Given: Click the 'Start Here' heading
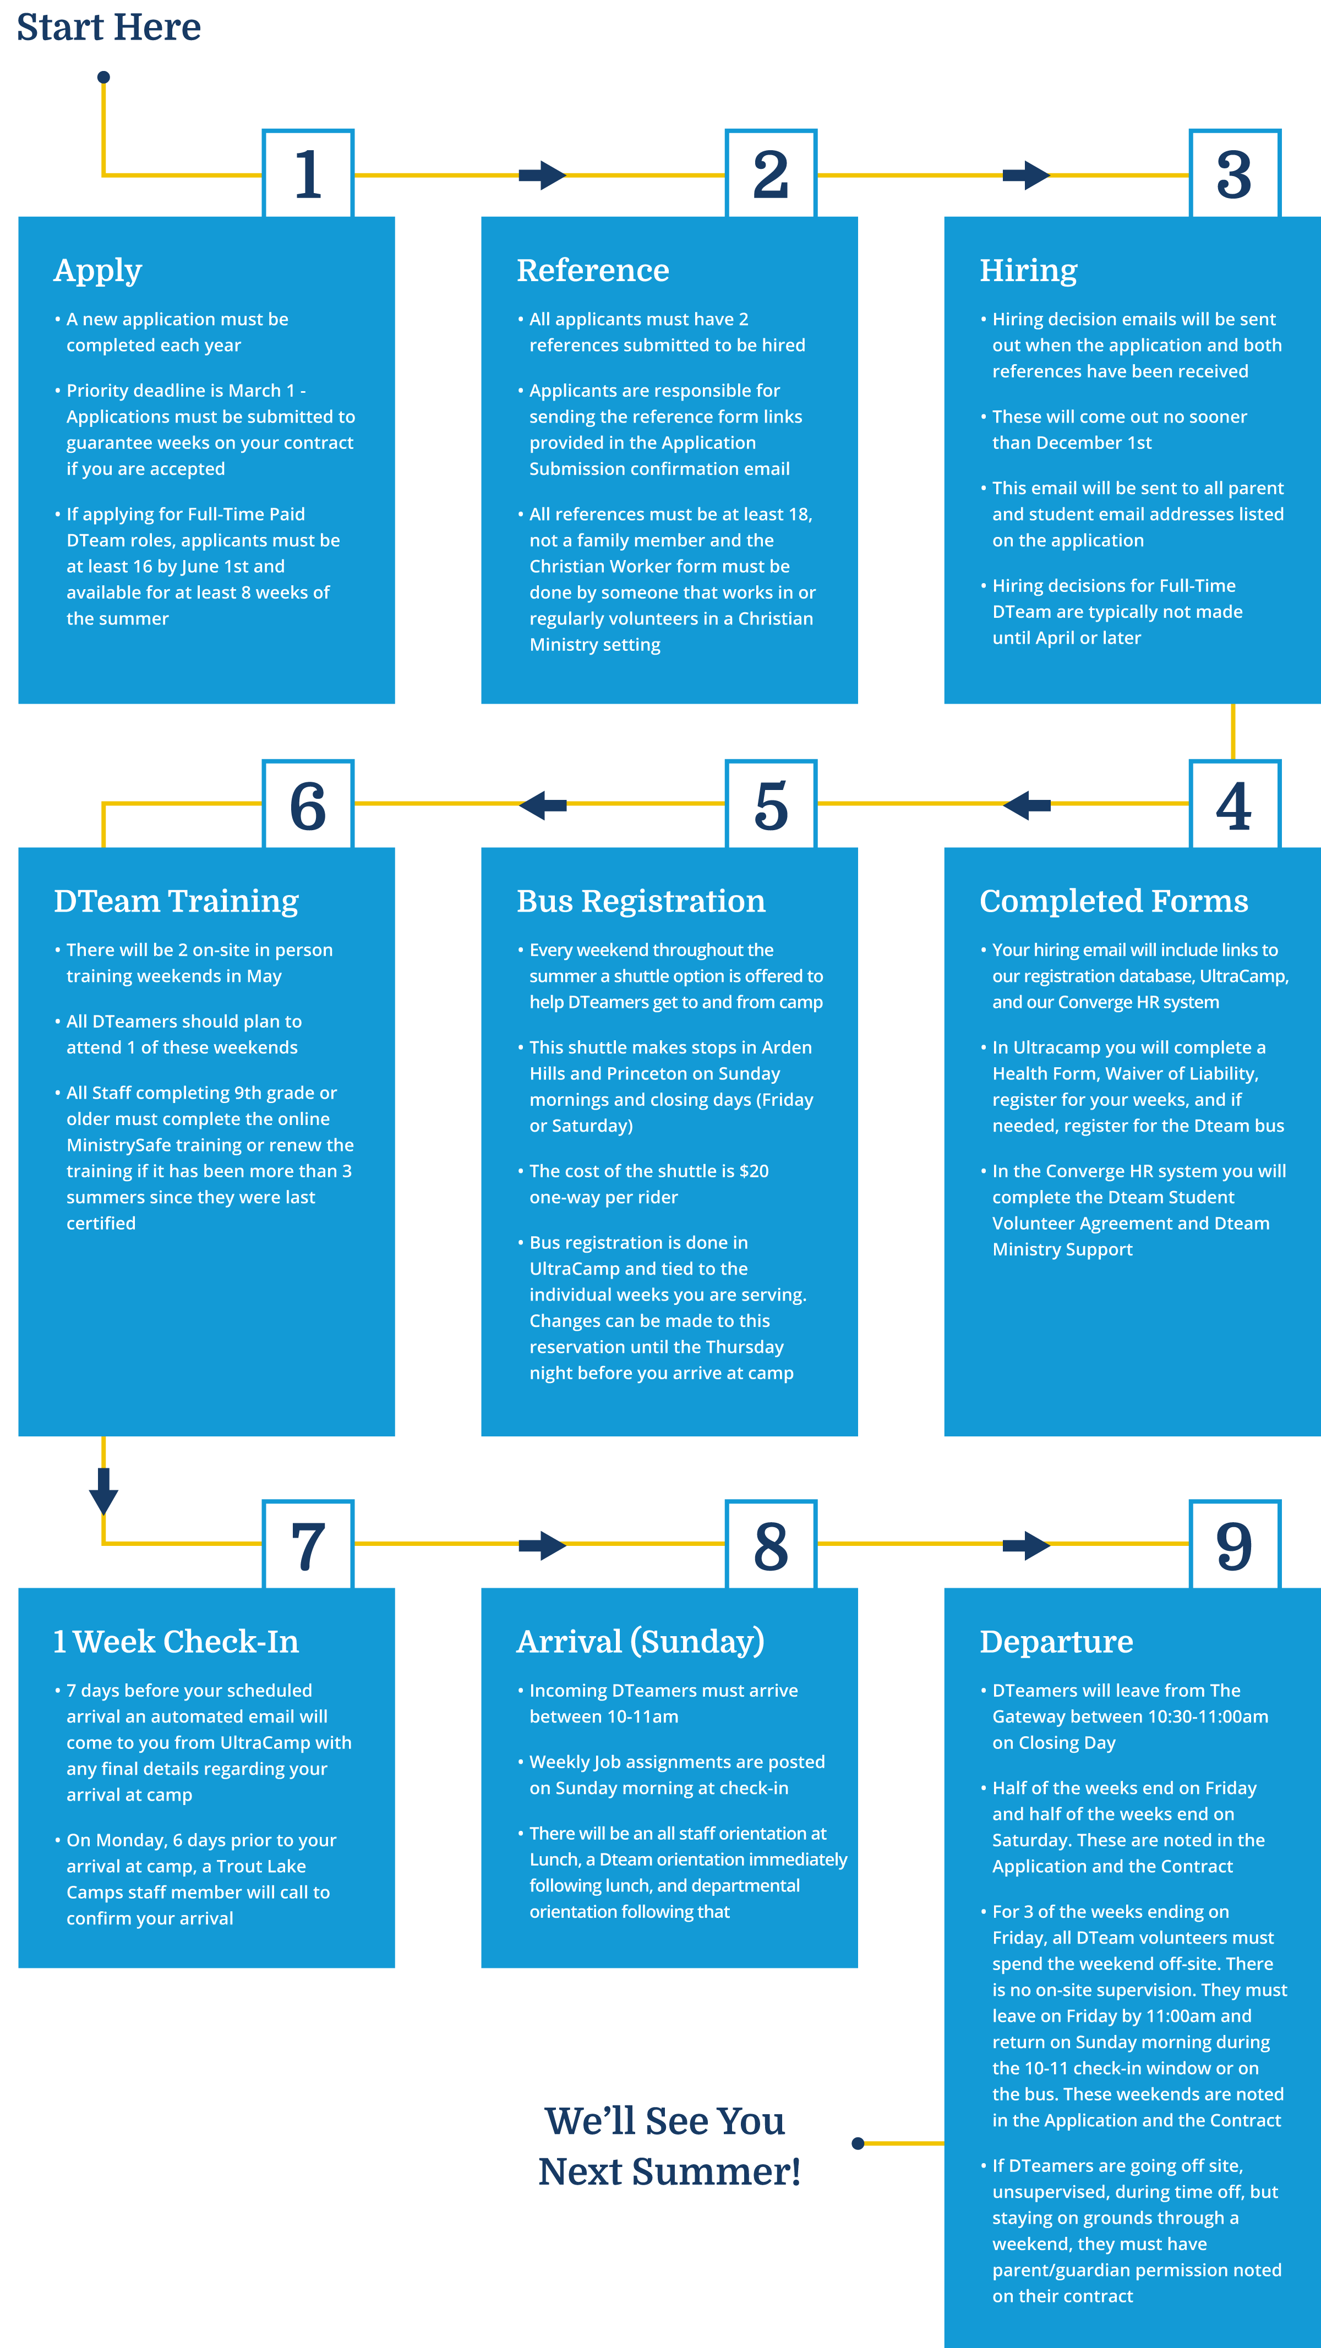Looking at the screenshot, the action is tap(108, 28).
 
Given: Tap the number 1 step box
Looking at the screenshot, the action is tap(308, 173).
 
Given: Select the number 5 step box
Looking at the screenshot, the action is tap(771, 804).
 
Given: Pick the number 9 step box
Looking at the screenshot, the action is tap(1235, 1544).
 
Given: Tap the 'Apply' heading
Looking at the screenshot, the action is tap(97, 271).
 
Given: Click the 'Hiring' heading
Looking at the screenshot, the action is tap(1028, 271).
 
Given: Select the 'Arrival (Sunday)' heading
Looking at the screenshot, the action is tap(640, 1642).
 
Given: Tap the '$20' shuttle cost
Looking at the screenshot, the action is tap(754, 1171).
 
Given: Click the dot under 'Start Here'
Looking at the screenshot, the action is tap(104, 78).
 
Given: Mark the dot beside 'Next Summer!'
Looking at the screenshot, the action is tap(858, 2143).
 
